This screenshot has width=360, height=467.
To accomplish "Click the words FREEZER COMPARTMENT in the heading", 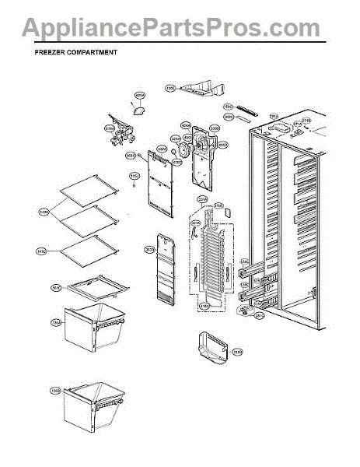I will tap(76, 54).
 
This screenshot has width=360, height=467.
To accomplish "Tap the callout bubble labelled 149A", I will tap(44, 211).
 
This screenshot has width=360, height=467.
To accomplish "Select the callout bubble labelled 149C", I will tap(41, 251).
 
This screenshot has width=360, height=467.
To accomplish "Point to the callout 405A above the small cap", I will tap(140, 97).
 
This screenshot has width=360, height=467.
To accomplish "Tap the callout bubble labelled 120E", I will tap(170, 89).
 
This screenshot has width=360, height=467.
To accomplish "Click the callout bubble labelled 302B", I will tap(149, 250).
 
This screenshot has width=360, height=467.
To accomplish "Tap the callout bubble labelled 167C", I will tap(56, 288).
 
